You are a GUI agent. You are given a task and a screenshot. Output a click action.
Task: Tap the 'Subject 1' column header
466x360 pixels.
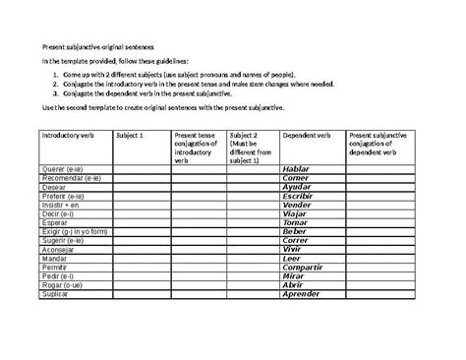click(130, 135)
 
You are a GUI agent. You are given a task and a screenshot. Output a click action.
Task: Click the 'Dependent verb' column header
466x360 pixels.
click(307, 135)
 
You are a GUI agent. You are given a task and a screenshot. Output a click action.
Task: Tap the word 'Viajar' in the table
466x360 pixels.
click(295, 213)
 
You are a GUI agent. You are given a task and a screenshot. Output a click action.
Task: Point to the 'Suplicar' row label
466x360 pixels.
click(57, 294)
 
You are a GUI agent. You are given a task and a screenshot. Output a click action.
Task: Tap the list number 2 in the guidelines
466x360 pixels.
click(58, 84)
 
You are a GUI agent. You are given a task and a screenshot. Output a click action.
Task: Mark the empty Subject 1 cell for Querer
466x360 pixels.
click(141, 169)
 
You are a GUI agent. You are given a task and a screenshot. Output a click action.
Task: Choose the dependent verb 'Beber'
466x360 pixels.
click(294, 231)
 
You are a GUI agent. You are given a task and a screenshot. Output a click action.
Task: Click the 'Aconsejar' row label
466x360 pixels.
click(60, 250)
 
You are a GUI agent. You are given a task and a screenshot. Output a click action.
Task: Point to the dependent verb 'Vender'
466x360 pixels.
click(296, 205)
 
